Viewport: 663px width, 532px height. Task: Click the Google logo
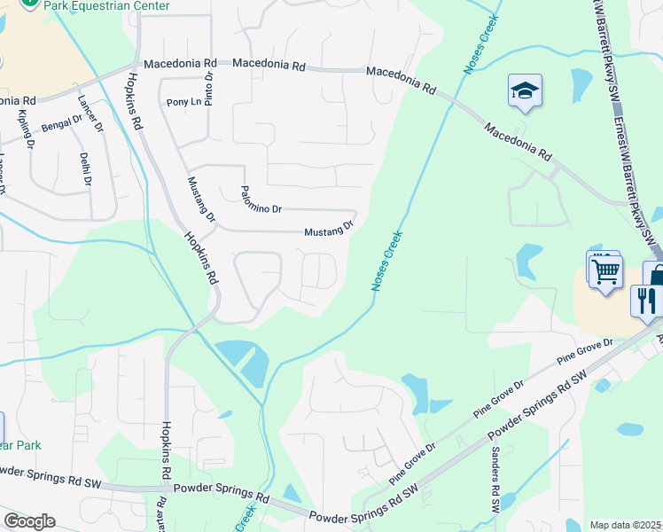click(29, 521)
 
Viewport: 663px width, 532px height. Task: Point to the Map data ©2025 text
click(624, 525)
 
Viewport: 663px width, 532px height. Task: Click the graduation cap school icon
click(526, 91)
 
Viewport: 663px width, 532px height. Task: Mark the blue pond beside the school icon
click(581, 85)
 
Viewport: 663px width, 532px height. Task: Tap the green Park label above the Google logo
click(21, 445)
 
